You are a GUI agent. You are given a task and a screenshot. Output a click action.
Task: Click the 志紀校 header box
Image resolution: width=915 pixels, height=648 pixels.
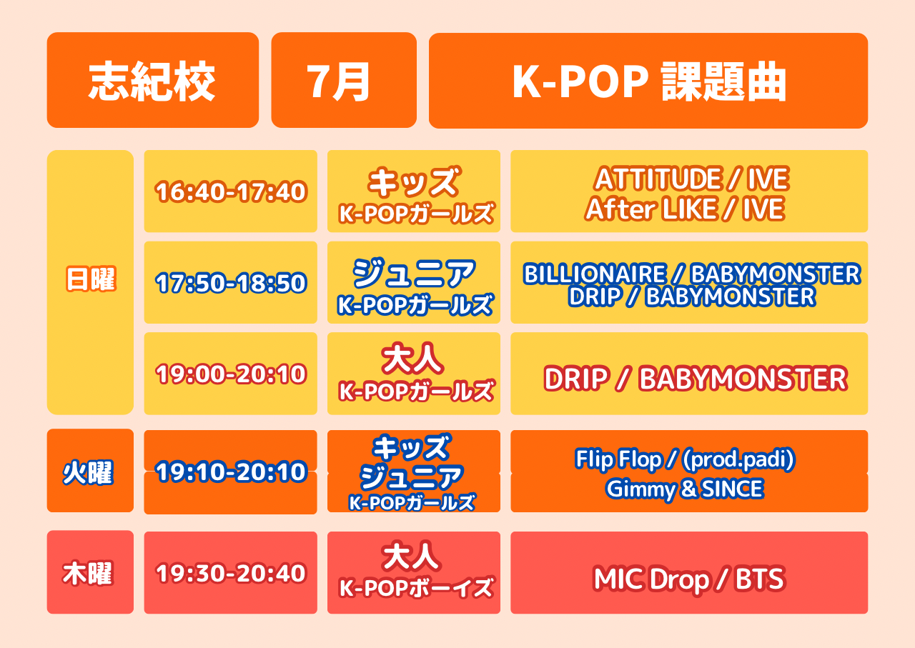153,80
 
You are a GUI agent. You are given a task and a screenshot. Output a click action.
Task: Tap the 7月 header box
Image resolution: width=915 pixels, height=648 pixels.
344,80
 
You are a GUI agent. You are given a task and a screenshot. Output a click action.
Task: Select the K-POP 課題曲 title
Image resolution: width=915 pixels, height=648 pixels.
648,81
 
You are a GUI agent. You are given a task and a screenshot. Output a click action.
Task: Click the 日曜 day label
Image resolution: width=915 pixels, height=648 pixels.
91,279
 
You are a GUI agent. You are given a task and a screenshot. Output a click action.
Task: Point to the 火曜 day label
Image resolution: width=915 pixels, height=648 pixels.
88,473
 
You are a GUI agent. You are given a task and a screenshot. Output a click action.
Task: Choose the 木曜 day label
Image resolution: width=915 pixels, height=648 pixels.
87,574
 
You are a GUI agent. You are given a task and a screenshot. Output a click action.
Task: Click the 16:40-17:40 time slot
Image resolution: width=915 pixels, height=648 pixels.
231,191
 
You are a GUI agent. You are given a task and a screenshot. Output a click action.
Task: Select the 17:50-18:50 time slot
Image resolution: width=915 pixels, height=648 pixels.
231,283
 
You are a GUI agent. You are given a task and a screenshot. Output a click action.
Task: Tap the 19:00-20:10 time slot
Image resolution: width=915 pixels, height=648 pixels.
231,374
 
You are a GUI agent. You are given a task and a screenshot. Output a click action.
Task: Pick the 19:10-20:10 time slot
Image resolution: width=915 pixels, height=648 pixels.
231,472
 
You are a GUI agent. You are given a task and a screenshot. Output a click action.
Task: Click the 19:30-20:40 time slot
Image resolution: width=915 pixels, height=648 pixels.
231,573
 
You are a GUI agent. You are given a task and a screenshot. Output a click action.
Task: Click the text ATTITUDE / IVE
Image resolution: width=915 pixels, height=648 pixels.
691,179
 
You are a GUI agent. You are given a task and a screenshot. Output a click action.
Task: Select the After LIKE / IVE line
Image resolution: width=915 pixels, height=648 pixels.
685,209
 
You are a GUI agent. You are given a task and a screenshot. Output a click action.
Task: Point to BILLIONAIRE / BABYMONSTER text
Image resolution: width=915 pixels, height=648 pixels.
692,274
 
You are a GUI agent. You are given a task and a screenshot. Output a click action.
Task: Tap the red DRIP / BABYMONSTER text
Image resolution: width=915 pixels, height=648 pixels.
696,379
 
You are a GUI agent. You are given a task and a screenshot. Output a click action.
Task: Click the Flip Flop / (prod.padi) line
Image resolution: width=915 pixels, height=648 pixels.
685,459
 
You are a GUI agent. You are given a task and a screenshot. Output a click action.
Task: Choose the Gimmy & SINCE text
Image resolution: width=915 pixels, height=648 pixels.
685,489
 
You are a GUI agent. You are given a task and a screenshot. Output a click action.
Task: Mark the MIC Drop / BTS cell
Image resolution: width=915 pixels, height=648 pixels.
689,572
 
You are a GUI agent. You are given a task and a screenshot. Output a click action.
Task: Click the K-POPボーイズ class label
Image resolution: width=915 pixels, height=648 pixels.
416,588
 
